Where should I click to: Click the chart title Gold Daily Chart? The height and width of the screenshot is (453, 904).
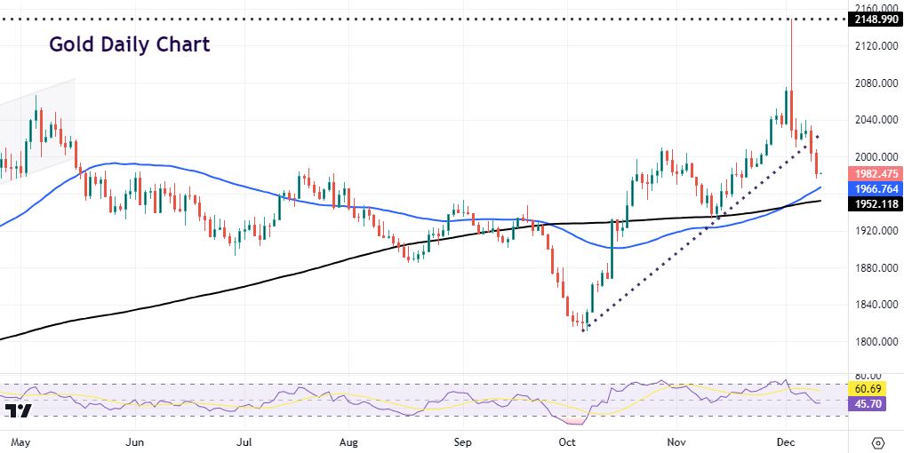pyautogui.click(x=129, y=44)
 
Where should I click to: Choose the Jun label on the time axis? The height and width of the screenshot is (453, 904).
pyautogui.click(x=135, y=441)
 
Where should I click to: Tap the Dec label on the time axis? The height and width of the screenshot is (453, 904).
pyautogui.click(x=785, y=441)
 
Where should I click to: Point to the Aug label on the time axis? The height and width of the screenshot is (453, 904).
pyautogui.click(x=349, y=441)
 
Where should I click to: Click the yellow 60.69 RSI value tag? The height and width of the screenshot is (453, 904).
pyautogui.click(x=866, y=389)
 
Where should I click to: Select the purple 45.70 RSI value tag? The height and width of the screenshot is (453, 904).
pyautogui.click(x=866, y=403)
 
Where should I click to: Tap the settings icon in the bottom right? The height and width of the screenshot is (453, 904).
pyautogui.click(x=878, y=441)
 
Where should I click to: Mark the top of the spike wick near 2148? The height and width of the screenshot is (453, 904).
pyautogui.click(x=790, y=20)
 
